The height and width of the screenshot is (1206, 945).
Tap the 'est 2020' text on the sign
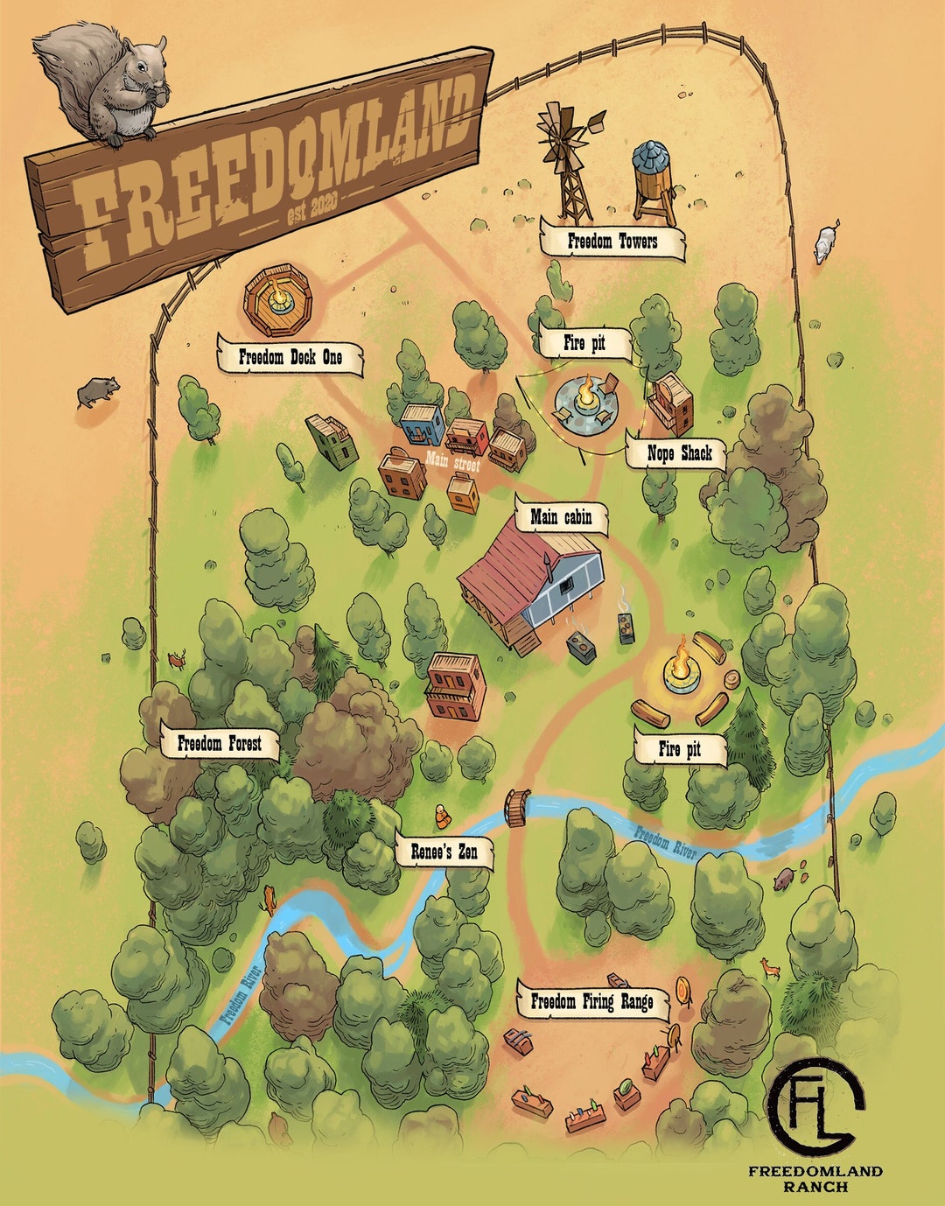311,207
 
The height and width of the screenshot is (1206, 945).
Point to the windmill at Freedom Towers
569,162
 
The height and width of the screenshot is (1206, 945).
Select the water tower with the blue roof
654,179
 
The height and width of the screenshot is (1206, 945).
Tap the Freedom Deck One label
290,357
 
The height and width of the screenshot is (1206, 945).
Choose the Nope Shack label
679,453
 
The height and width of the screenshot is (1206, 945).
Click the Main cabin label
561,517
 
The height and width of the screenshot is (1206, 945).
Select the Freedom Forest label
219,744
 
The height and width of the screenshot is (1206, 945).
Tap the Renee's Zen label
444,851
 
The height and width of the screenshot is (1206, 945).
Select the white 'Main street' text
453,461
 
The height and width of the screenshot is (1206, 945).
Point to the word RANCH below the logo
815,1188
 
